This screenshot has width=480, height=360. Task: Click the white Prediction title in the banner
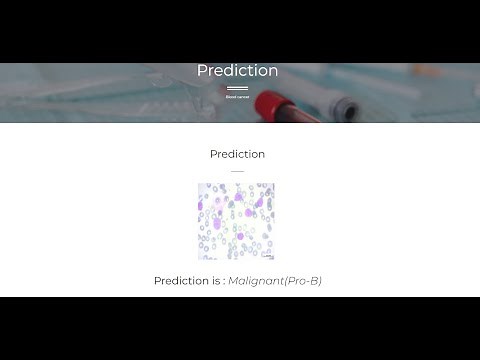point(237,71)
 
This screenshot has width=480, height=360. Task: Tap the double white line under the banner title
point(237,89)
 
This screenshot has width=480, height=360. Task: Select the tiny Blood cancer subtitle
point(237,97)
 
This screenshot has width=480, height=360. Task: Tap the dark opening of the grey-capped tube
point(347,109)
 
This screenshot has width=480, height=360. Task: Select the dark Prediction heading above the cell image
point(237,154)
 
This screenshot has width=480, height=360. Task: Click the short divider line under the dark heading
point(237,170)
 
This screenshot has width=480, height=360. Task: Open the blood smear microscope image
point(236,221)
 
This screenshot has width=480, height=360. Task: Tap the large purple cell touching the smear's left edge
point(202,207)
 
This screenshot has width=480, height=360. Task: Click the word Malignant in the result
point(255,281)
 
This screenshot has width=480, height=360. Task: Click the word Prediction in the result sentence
point(181,281)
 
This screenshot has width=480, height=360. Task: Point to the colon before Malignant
point(224,281)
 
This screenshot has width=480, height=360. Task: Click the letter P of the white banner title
point(202,71)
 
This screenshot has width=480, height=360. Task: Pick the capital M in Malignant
point(233,281)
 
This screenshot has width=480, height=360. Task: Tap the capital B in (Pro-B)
point(314,281)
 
